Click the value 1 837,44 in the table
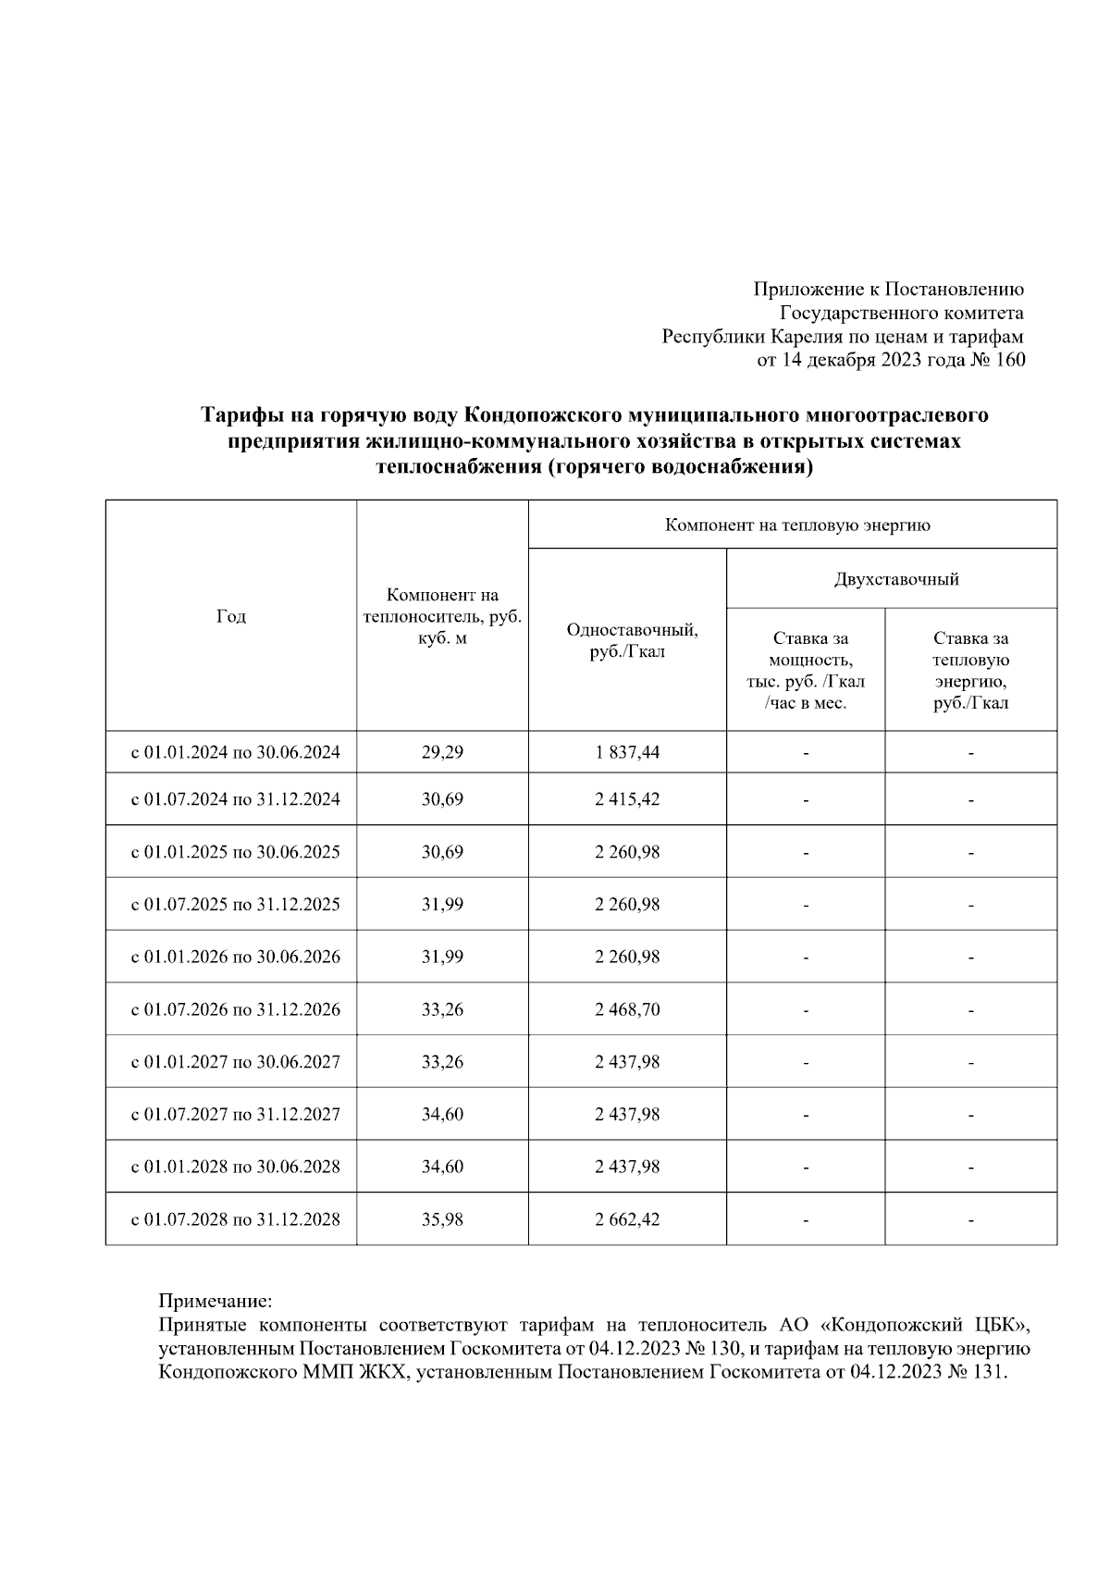coord(627,752)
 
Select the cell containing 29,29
coord(442,752)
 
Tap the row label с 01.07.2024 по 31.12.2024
coord(235,798)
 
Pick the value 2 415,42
coord(627,798)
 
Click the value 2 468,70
coord(627,1008)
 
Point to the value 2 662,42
coord(627,1219)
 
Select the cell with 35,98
coord(442,1219)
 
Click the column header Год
coord(230,616)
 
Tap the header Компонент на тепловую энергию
coord(796,525)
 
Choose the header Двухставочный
coord(895,579)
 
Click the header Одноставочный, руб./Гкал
coord(632,640)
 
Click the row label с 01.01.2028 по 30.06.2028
coord(235,1167)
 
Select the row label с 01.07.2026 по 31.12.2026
coord(235,1008)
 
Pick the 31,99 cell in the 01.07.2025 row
coord(442,904)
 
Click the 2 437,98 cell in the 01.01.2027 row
coord(627,1061)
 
